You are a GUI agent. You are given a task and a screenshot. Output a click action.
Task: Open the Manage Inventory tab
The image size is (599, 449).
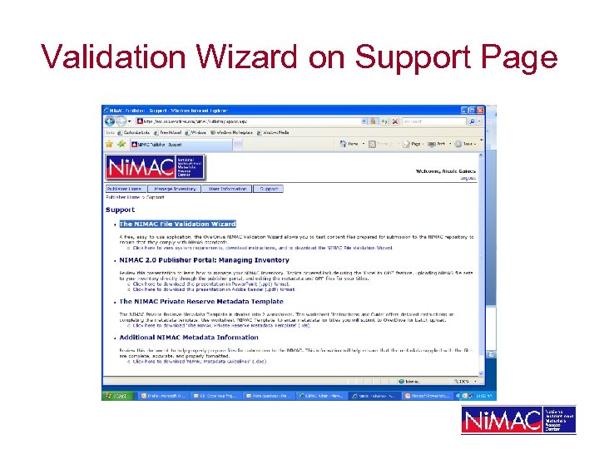pos(174,189)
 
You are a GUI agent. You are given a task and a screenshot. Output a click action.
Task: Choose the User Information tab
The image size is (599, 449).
pos(227,189)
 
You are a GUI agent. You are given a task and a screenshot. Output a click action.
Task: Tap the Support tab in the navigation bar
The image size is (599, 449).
pos(269,189)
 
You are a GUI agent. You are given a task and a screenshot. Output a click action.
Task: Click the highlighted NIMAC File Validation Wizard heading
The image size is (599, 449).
pos(177,224)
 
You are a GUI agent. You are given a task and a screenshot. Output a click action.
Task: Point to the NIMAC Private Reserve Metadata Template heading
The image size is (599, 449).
pos(200,301)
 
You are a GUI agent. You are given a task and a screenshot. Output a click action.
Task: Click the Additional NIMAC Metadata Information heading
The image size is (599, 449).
pos(188,338)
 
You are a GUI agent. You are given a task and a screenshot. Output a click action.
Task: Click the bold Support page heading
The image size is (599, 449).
pos(120,210)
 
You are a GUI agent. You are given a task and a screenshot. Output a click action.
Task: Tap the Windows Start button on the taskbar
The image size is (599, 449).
pos(118,396)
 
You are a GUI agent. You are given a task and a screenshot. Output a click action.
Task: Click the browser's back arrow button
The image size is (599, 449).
pos(109,121)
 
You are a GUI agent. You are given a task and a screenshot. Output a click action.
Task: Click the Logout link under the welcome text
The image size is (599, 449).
pos(468,177)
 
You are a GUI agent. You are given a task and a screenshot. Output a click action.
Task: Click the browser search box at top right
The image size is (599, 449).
pos(433,121)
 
